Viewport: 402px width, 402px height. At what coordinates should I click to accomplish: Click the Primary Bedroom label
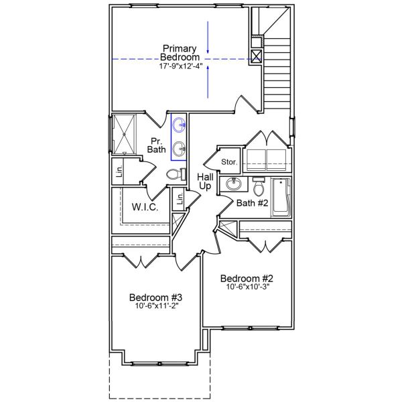(x=180, y=53)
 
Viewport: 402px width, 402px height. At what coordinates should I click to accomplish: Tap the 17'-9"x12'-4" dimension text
(x=180, y=67)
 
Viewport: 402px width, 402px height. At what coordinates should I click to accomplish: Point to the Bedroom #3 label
(x=156, y=297)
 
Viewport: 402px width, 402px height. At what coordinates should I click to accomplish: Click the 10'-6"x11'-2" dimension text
(x=156, y=307)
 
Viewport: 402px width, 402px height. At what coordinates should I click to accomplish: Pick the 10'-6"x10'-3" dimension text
(x=248, y=288)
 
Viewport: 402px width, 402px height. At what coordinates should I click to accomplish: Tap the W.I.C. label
(x=145, y=208)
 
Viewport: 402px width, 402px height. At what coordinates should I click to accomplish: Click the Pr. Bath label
(x=157, y=145)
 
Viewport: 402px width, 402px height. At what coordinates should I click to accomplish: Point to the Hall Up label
(x=205, y=181)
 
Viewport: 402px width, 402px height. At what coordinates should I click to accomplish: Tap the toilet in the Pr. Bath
(x=174, y=174)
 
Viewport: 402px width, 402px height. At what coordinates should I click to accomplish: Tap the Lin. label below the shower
(x=118, y=172)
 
